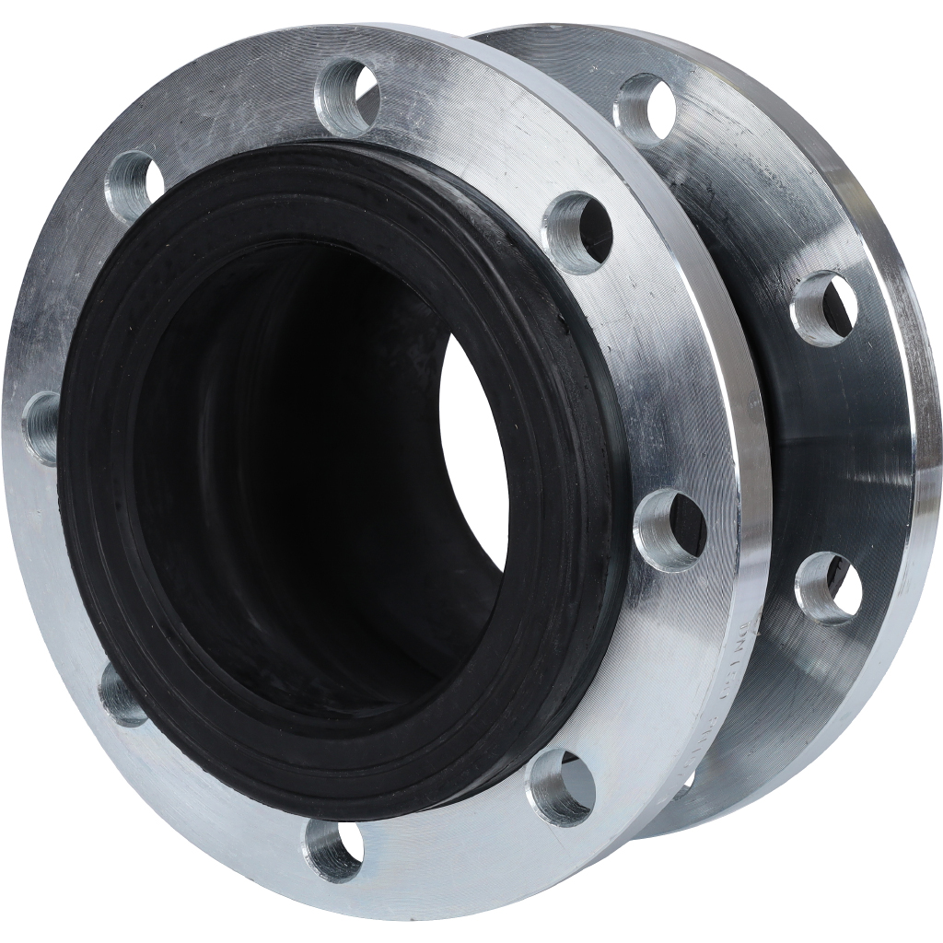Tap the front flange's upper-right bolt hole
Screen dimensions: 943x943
click(x=578, y=231)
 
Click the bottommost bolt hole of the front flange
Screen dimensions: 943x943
click(x=333, y=849)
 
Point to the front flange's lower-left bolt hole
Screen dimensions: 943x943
click(x=122, y=693)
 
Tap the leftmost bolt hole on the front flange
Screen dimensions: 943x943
click(x=42, y=427)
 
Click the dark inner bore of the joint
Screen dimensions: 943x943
click(x=304, y=479)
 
